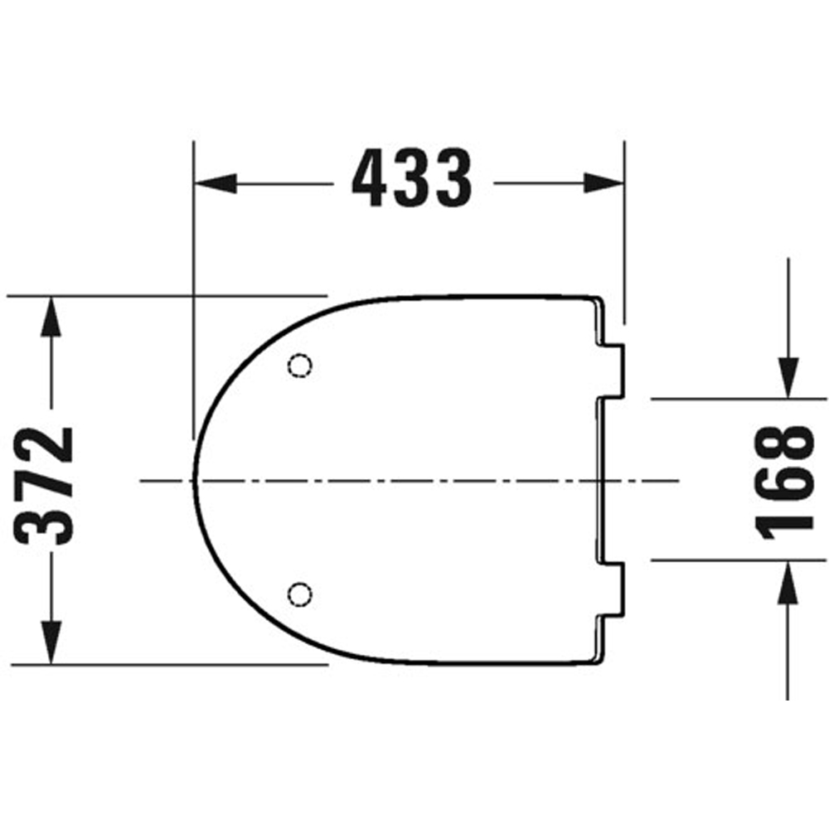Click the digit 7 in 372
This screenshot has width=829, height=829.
48,486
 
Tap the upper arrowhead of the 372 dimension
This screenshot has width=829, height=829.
51,315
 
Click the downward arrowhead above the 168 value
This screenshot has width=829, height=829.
788,377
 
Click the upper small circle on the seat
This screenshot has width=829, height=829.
300,366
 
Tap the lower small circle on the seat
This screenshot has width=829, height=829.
300,593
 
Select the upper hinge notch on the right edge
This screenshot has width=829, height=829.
611,371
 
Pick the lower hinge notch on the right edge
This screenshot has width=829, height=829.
611,589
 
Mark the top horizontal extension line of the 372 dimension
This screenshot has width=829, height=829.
166,294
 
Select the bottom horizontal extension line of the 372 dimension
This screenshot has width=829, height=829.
166,664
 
